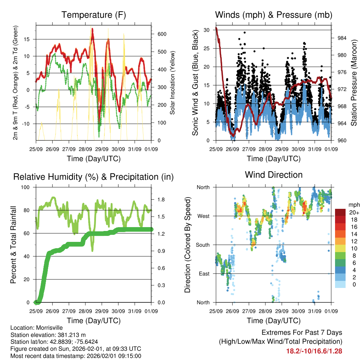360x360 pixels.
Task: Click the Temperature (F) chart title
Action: [94, 15]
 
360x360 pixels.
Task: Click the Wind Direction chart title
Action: [274, 175]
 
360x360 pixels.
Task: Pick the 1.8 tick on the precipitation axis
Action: [161, 199]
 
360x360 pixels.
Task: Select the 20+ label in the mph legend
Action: [354, 212]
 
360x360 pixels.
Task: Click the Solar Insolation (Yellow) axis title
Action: [173, 83]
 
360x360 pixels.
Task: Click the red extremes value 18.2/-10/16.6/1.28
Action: [314, 351]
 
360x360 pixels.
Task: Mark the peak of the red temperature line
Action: [92, 28]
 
